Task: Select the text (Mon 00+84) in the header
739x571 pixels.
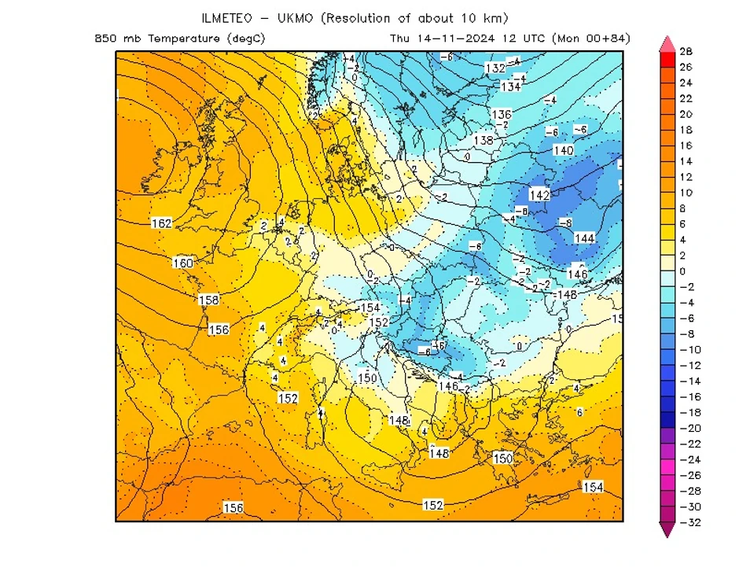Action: tap(591, 39)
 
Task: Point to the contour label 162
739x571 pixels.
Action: tap(161, 224)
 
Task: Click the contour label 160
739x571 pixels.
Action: tap(182, 263)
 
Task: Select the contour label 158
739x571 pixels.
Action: tap(208, 300)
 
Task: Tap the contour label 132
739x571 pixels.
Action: tap(495, 68)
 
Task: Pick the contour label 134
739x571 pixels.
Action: tap(511, 87)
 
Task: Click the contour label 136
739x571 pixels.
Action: tap(502, 114)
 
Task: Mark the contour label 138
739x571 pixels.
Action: tap(483, 141)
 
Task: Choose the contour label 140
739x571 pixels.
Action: tap(563, 150)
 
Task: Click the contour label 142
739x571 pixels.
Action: tap(539, 195)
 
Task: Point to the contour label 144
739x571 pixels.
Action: tap(585, 238)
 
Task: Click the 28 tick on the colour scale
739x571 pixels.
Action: tap(686, 52)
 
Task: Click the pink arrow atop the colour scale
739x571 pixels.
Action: tap(667, 42)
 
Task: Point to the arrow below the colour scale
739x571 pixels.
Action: tap(667, 531)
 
